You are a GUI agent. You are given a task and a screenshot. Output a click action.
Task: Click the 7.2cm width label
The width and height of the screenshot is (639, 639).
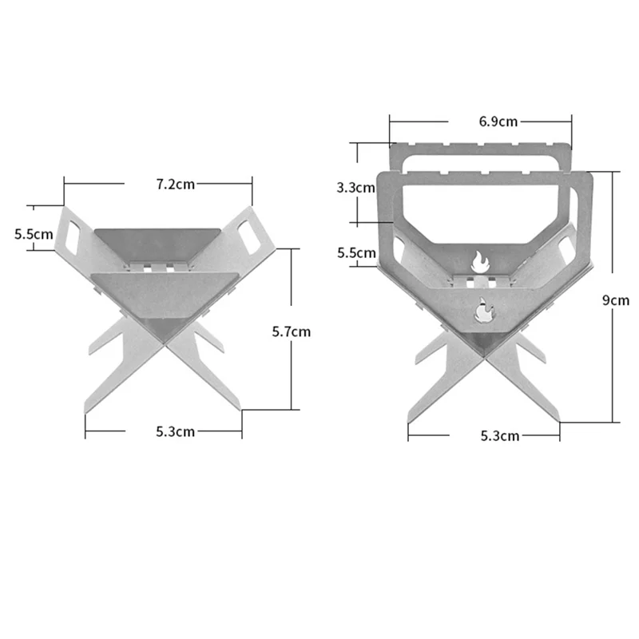(x=175, y=184)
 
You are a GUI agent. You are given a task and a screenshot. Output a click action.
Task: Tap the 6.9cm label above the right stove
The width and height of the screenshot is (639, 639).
(x=498, y=121)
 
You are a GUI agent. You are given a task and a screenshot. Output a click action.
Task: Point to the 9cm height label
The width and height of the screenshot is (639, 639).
(x=616, y=300)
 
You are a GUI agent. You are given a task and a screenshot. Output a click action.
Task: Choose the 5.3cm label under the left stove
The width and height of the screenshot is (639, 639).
(x=176, y=432)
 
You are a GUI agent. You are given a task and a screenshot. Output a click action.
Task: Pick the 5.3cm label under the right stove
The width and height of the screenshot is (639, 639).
(x=500, y=436)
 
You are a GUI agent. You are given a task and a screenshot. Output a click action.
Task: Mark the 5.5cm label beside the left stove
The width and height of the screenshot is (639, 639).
(x=34, y=235)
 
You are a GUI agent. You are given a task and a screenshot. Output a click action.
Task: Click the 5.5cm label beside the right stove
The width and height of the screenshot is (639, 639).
(x=356, y=253)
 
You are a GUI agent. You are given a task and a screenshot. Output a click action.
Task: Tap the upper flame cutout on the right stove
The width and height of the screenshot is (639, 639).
(x=479, y=260)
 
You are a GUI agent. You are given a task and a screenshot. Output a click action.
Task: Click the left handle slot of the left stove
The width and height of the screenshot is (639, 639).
(x=77, y=232)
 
